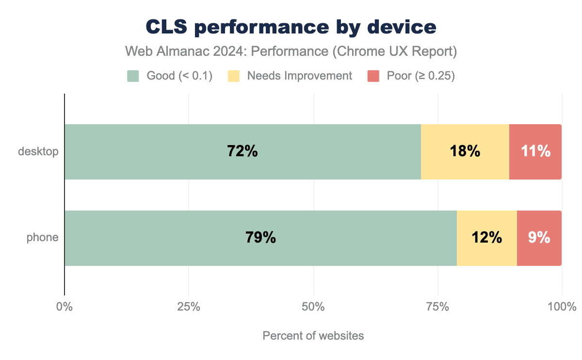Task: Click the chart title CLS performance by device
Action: click(x=291, y=28)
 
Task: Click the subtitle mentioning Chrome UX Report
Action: click(x=291, y=51)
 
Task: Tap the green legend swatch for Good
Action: click(x=133, y=76)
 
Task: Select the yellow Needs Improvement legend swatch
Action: click(x=234, y=76)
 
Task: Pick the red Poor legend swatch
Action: click(x=373, y=76)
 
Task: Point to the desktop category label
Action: click(x=38, y=151)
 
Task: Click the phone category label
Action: click(x=43, y=238)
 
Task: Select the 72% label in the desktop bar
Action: click(x=242, y=151)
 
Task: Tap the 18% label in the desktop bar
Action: click(x=465, y=151)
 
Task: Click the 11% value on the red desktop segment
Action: click(x=535, y=151)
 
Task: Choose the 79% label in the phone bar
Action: click(x=260, y=238)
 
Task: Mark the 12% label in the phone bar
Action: click(x=486, y=238)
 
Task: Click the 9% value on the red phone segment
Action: click(x=539, y=238)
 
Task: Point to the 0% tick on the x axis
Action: click(x=64, y=307)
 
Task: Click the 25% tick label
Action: click(x=188, y=307)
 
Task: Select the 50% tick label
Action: click(x=313, y=307)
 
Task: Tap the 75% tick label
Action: click(x=437, y=307)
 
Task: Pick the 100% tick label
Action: click(x=562, y=307)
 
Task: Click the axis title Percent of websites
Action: click(x=313, y=336)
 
